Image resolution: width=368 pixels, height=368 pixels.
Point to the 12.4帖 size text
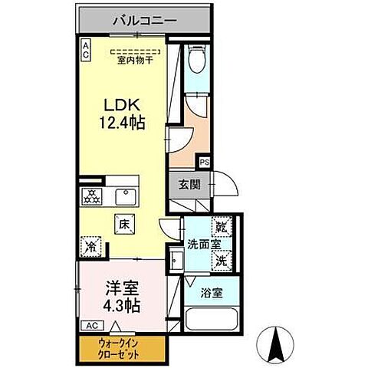point(122,122)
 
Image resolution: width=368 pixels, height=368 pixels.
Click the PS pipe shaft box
point(205,163)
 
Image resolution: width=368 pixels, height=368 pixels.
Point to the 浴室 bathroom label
point(211,292)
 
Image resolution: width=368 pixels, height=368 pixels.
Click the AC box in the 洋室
point(90,325)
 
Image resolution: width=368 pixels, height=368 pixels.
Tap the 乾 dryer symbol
point(221,228)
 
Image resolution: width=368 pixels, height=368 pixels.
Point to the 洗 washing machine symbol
point(221,260)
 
